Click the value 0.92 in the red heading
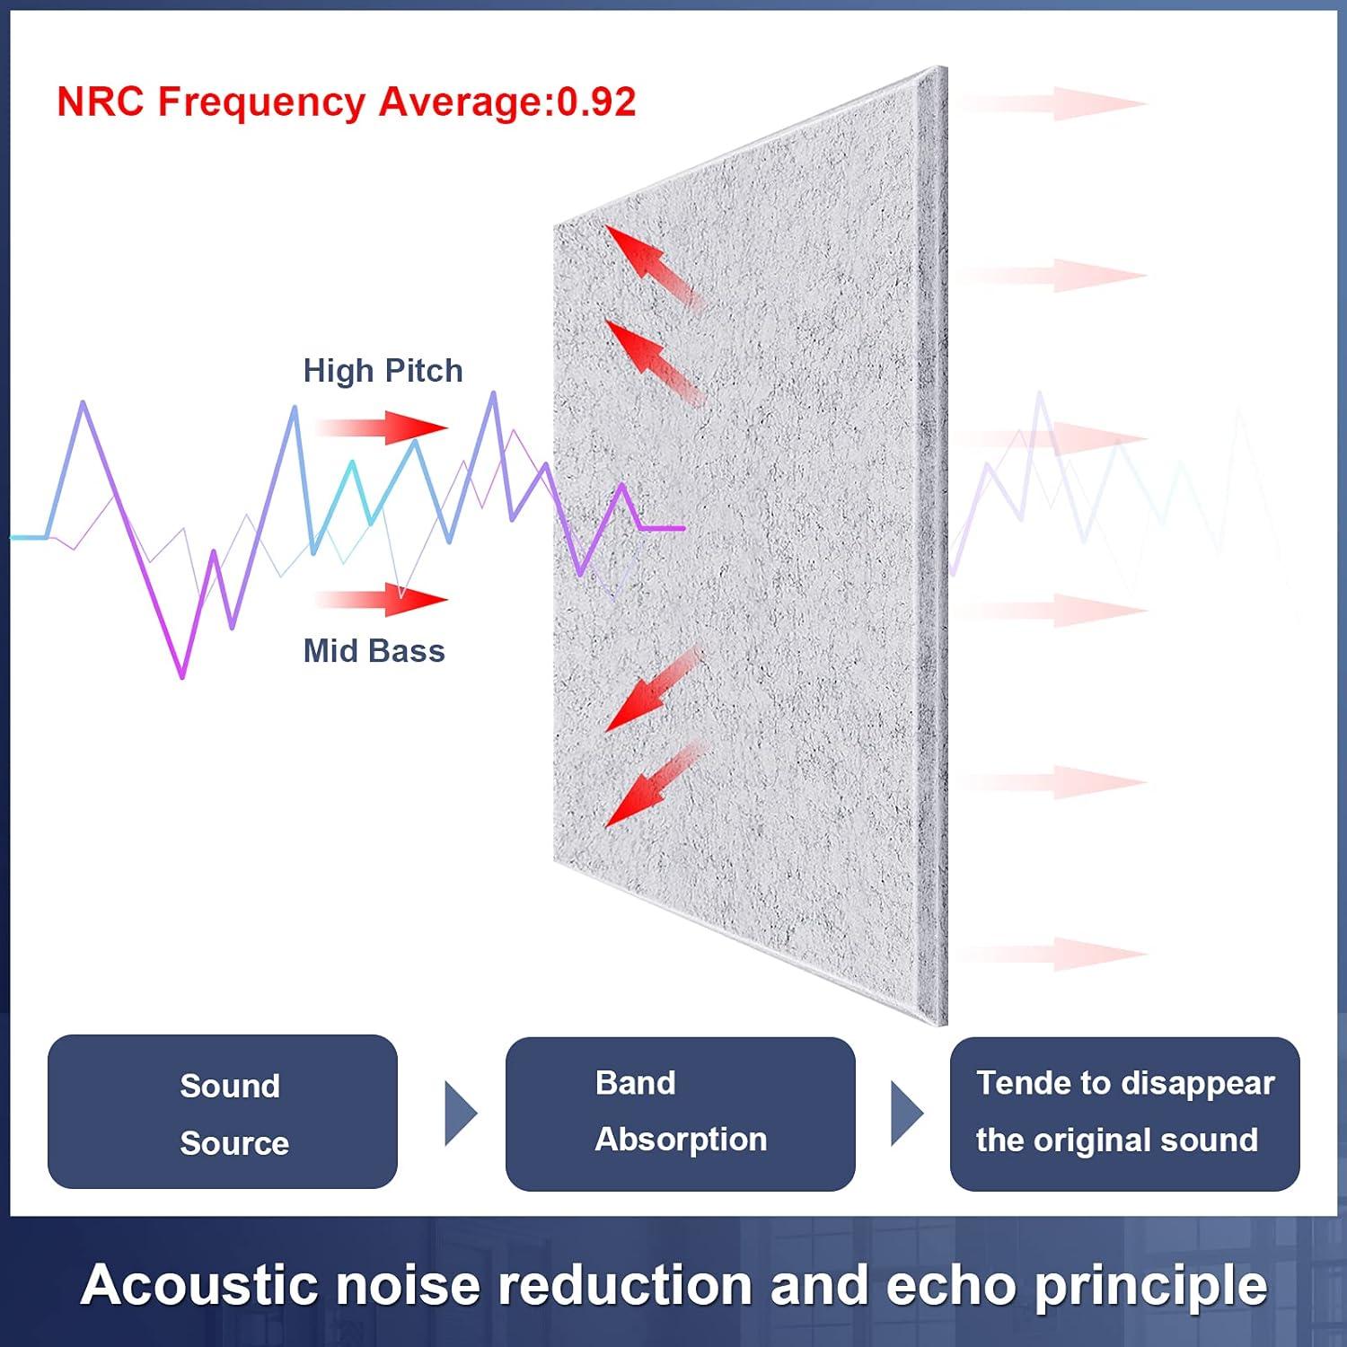click(596, 101)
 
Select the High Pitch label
click(383, 371)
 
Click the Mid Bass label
click(374, 651)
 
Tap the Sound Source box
click(223, 1112)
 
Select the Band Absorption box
click(680, 1114)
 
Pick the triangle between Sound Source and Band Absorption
click(460, 1114)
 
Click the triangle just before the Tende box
click(905, 1114)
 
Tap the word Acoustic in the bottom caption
click(198, 1285)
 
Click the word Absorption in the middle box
click(681, 1140)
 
